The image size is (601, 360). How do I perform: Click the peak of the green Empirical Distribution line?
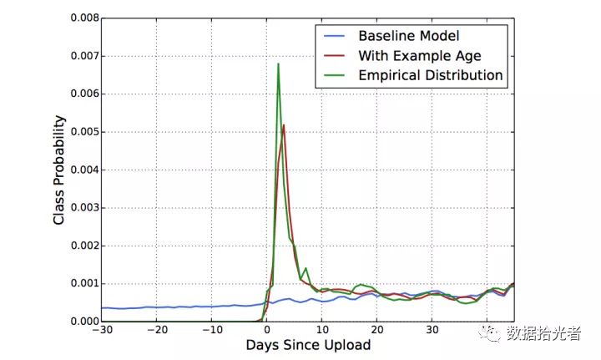[x=278, y=64]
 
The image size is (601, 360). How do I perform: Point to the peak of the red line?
[x=284, y=125]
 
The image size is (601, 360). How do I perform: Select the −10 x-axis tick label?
[x=211, y=330]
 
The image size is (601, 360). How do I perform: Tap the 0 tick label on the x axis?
[x=267, y=330]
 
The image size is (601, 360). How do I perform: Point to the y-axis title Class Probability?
[x=59, y=170]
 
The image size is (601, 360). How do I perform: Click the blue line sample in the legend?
[x=332, y=36]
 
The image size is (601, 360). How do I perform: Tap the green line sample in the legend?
[x=332, y=75]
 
